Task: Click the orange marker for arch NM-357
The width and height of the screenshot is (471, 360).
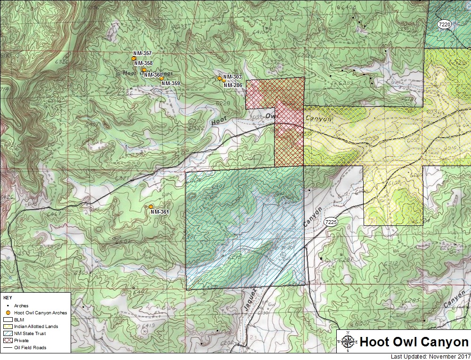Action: [x=134, y=58]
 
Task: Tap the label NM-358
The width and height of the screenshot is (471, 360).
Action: [x=143, y=63]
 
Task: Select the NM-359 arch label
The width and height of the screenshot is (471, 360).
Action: [x=171, y=83]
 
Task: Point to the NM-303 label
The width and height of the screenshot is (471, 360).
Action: [x=232, y=77]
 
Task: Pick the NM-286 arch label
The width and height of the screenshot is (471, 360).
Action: [x=233, y=85]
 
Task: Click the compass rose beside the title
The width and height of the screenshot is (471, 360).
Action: [x=348, y=342]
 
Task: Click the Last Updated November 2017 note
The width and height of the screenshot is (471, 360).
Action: [x=430, y=356]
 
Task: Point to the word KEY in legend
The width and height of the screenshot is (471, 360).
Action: [x=8, y=298]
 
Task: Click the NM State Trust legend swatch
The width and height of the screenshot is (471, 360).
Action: [x=8, y=334]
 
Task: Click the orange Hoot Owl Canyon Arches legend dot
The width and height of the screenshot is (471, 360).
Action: [x=8, y=312]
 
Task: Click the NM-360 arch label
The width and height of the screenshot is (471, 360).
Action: [x=153, y=75]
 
